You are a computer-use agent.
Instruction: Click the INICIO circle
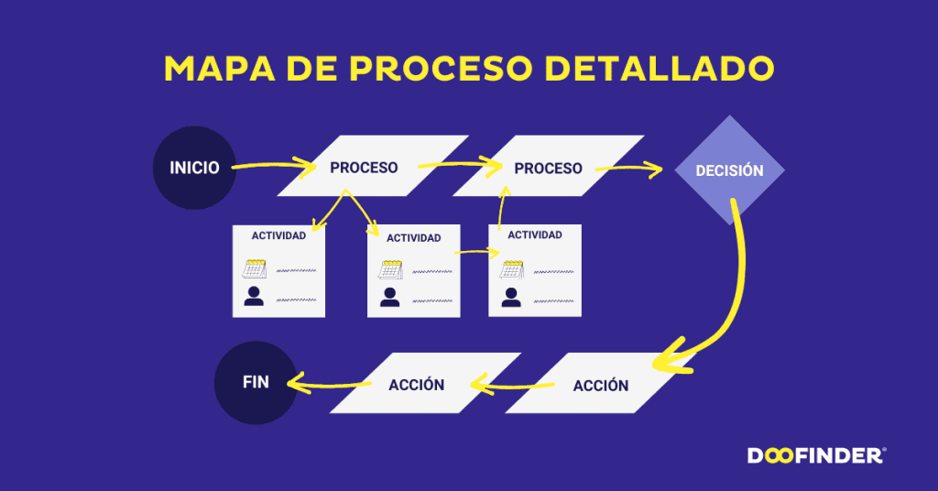click(x=194, y=168)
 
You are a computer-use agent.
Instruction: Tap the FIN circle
click(x=256, y=382)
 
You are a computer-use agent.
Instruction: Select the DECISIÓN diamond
click(x=729, y=170)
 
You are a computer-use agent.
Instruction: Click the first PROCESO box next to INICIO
click(x=364, y=168)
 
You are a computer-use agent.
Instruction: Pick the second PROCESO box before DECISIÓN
click(x=548, y=168)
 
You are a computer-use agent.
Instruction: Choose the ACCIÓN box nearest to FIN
click(x=417, y=384)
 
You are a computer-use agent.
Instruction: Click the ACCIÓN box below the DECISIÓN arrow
click(x=601, y=385)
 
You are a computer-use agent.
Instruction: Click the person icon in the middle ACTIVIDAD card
click(x=390, y=297)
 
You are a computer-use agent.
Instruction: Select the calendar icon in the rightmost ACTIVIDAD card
click(x=511, y=269)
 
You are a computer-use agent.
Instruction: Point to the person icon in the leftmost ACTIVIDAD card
click(x=254, y=296)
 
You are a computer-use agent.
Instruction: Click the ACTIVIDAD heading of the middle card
click(x=413, y=238)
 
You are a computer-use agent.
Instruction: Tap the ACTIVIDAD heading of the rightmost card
click(x=535, y=235)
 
